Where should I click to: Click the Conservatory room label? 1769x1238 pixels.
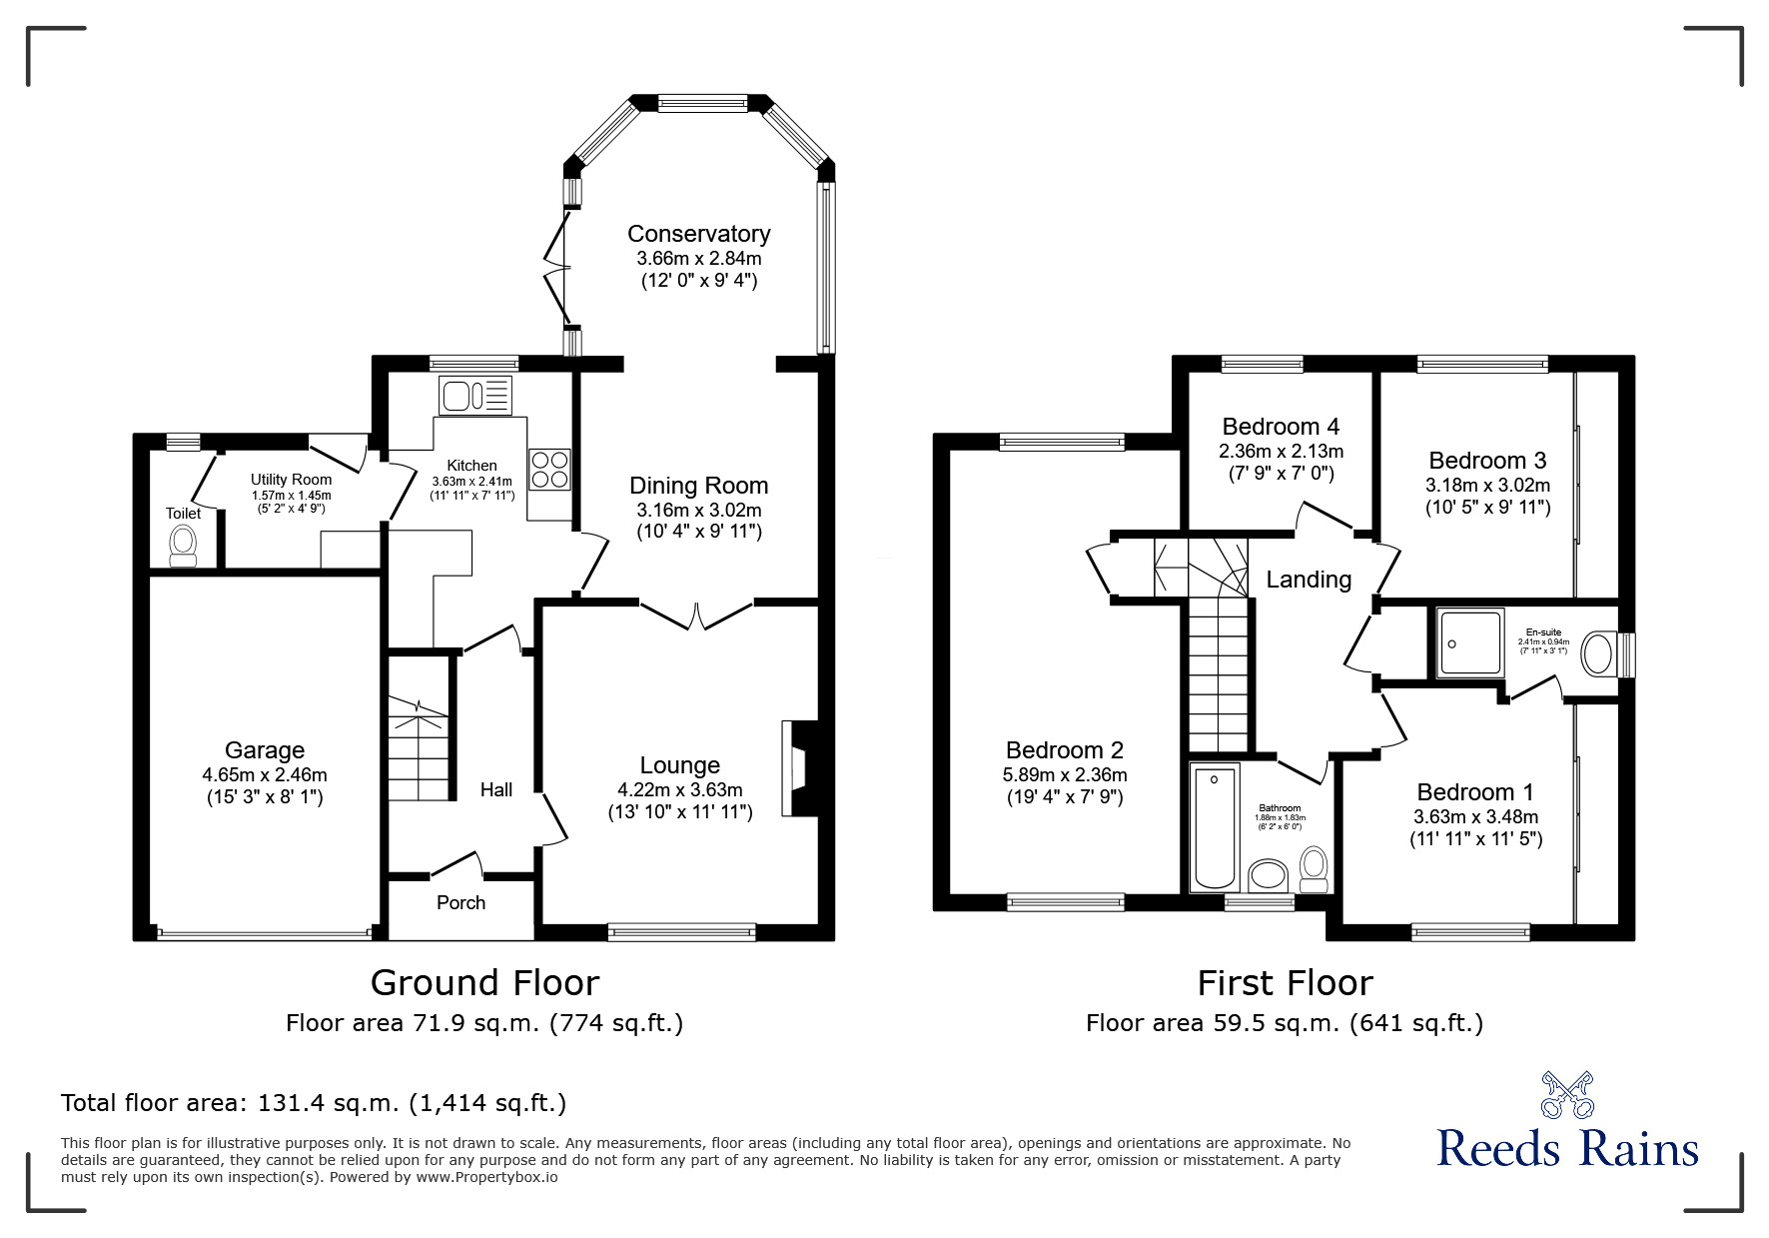(x=698, y=234)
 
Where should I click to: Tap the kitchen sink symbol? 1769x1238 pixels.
(x=474, y=396)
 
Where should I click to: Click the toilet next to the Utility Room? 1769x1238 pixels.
(x=183, y=545)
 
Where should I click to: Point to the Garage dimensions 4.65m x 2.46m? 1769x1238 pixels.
(x=264, y=774)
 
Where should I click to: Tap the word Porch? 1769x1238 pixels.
(x=460, y=903)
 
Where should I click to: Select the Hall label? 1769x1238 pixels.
(x=495, y=790)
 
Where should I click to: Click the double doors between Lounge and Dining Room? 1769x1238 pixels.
(x=696, y=613)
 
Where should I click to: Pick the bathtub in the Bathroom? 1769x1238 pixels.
(x=1215, y=827)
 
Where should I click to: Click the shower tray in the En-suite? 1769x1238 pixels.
(x=1469, y=644)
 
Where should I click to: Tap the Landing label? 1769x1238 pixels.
(x=1309, y=580)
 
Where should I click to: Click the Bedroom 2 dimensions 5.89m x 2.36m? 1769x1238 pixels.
(x=1064, y=774)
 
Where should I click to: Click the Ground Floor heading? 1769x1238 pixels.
(x=484, y=983)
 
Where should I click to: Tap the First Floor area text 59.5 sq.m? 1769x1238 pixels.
(x=1284, y=1023)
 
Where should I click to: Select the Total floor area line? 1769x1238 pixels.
(x=314, y=1103)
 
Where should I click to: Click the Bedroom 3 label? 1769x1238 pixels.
(x=1486, y=461)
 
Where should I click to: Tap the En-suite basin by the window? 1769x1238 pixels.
(x=1598, y=654)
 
